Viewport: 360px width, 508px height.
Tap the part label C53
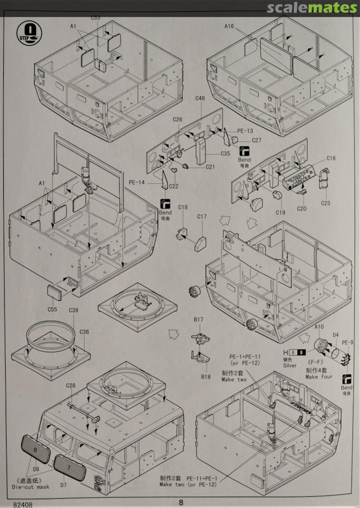pyautogui.click(x=96, y=18)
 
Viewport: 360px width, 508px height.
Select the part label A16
pyautogui.click(x=229, y=27)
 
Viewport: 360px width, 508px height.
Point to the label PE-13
pyautogui.click(x=245, y=131)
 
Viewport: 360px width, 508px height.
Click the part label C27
pyautogui.click(x=256, y=140)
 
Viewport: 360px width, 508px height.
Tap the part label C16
pyautogui.click(x=331, y=159)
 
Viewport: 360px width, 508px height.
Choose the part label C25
pyautogui.click(x=326, y=203)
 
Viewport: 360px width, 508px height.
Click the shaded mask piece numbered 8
pyautogui.click(x=35, y=450)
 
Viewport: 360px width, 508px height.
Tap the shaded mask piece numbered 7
pyautogui.click(x=70, y=468)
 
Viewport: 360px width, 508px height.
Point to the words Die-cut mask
pyautogui.click(x=30, y=487)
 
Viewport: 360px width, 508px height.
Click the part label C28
pyautogui.click(x=71, y=386)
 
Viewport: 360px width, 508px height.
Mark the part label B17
pyautogui.click(x=198, y=320)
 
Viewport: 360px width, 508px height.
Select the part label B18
pyautogui.click(x=206, y=376)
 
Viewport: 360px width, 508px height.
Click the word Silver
pyautogui.click(x=290, y=365)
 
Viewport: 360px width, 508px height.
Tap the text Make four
pyautogui.click(x=319, y=377)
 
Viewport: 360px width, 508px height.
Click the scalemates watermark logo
pyautogui.click(x=312, y=8)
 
